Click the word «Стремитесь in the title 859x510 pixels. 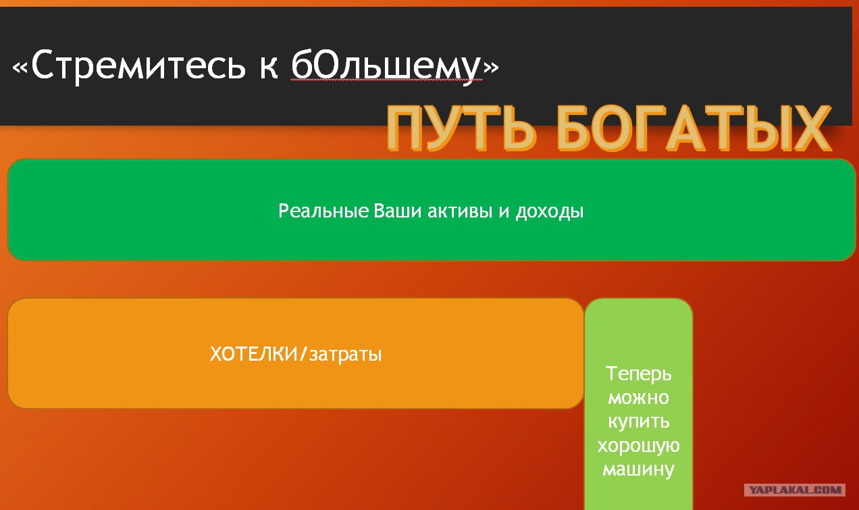tap(129, 66)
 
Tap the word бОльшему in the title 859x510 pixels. tap(386, 66)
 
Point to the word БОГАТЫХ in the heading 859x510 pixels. tap(694, 128)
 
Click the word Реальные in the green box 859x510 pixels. tap(323, 211)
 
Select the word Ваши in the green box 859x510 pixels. tap(398, 211)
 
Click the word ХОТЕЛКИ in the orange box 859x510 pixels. tap(254, 353)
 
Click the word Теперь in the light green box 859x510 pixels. tap(638, 374)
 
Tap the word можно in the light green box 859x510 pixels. tap(638, 398)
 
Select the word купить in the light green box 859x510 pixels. tap(638, 422)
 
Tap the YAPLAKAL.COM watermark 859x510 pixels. tap(795, 490)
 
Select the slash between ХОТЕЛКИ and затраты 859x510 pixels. tap(303, 353)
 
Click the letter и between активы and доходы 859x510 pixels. tap(504, 212)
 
